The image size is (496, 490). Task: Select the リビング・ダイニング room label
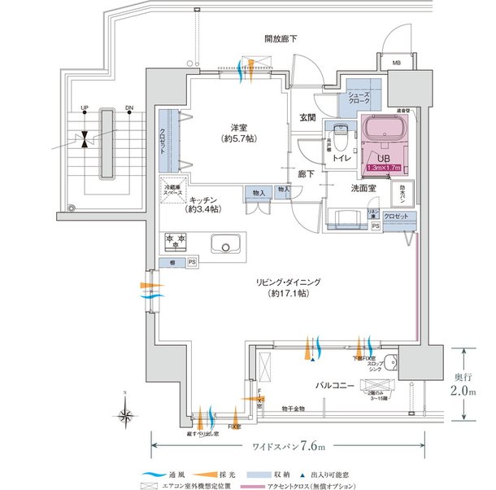289,287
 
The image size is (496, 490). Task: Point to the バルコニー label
334,386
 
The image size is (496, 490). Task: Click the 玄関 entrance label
307,117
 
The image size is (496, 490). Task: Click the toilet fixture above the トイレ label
341,133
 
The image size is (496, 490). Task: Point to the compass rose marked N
127,416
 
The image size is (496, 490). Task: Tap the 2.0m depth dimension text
463,392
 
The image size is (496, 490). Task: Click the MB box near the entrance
396,63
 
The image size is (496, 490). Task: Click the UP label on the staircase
84,107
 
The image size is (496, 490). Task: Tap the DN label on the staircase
128,107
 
